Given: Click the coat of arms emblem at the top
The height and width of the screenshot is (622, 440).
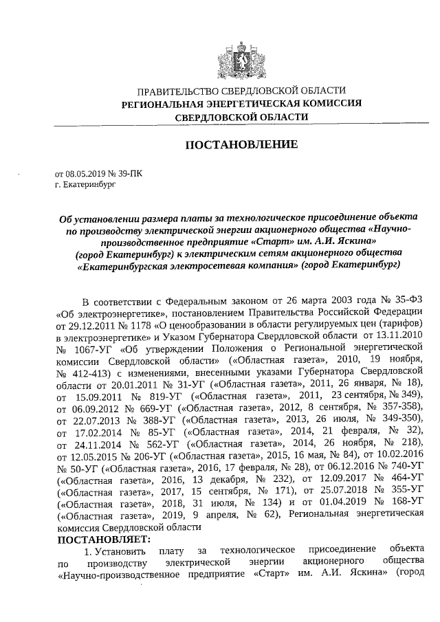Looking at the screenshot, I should pos(239,56).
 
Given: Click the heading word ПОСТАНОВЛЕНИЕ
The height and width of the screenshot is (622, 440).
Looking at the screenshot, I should pos(239,145).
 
